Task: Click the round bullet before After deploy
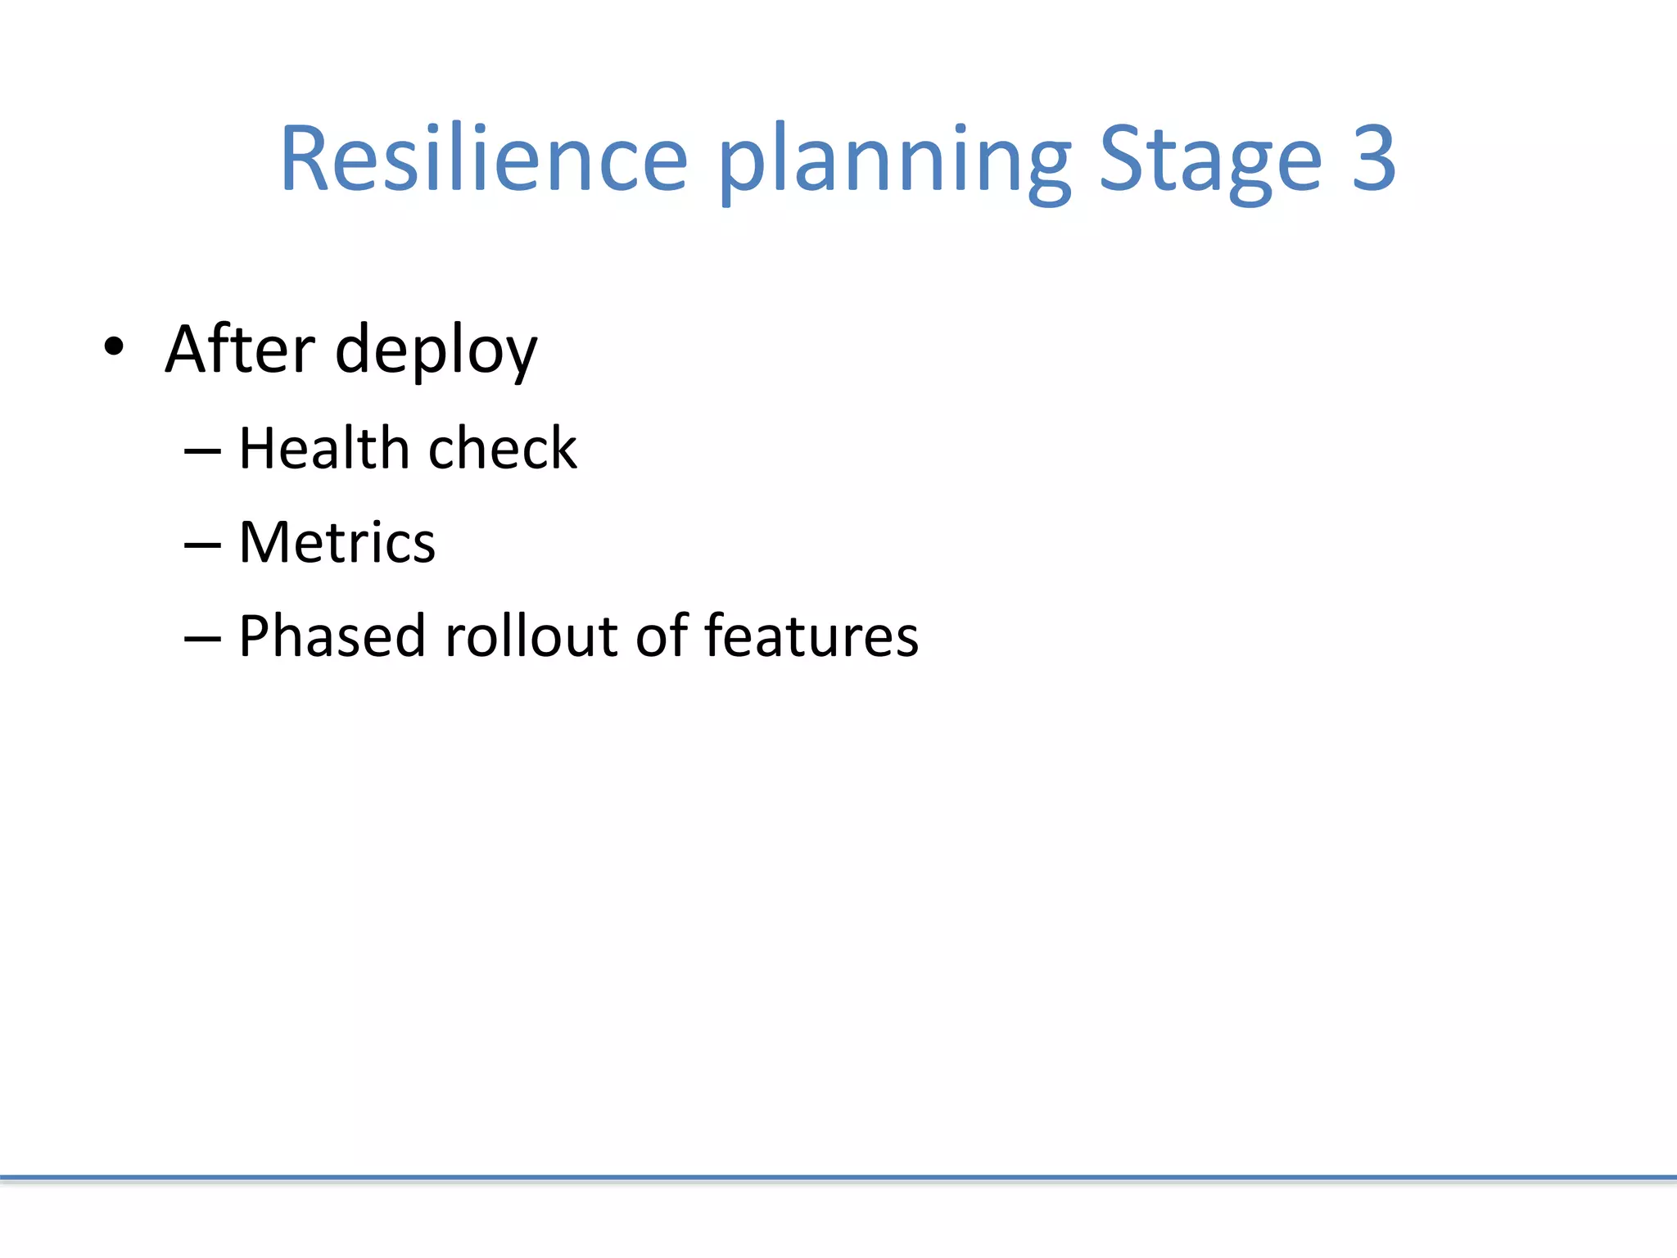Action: [x=114, y=347]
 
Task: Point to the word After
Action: [x=240, y=350]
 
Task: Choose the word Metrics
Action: [x=337, y=543]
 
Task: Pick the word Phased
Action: [x=332, y=637]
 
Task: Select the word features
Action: [x=811, y=636]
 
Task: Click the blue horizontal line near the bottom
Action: [x=838, y=1178]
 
